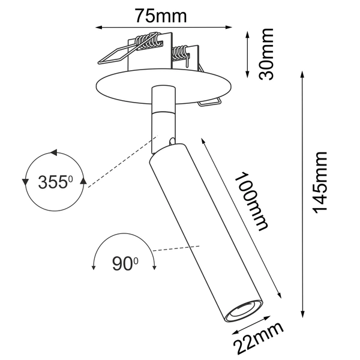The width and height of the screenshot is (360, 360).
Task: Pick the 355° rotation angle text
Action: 55,182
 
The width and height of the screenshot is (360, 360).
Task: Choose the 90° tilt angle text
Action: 125,263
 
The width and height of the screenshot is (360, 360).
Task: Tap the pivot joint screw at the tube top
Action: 173,142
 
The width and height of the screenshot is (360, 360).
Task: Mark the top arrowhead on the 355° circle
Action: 53,154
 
